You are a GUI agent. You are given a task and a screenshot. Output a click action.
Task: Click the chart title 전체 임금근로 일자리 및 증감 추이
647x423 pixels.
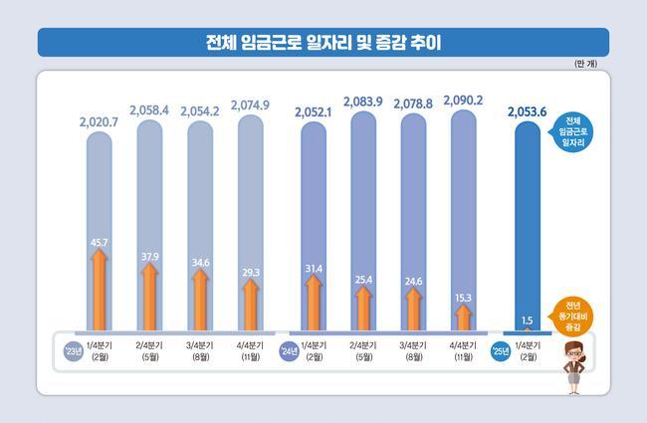tap(323, 43)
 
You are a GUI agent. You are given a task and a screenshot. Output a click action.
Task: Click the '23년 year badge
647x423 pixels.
tap(70, 352)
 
